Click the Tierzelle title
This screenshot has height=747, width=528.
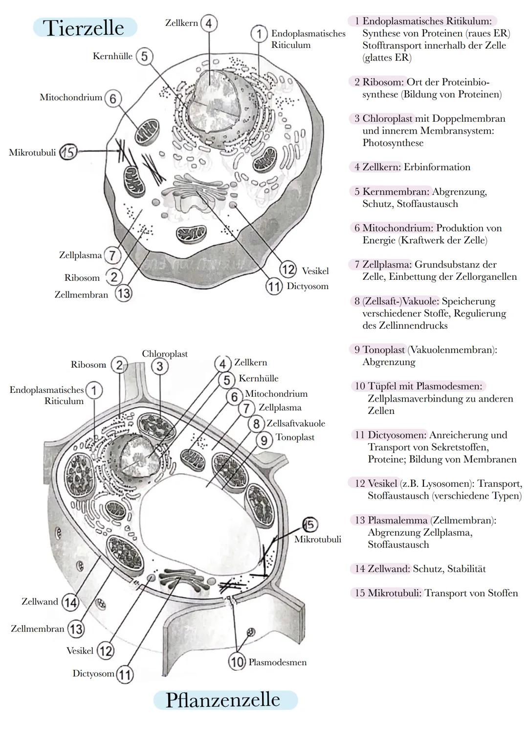(84, 27)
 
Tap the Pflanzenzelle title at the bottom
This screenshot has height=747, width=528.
(223, 700)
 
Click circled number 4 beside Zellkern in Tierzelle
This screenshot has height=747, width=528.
(209, 23)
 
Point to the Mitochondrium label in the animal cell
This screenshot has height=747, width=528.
(71, 97)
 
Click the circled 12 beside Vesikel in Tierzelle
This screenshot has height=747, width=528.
(288, 270)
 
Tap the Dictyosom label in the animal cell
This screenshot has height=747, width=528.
(307, 286)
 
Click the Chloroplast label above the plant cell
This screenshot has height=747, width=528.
(165, 354)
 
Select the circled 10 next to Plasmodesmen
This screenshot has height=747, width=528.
(237, 662)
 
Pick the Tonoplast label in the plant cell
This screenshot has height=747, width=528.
(295, 437)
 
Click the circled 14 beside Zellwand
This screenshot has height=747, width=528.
(70, 602)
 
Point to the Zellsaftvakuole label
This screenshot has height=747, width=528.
(295, 424)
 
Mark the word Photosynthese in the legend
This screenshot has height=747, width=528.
(393, 143)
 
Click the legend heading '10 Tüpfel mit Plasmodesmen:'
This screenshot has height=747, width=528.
(418, 386)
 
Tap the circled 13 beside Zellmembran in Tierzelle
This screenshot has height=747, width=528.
(123, 294)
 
